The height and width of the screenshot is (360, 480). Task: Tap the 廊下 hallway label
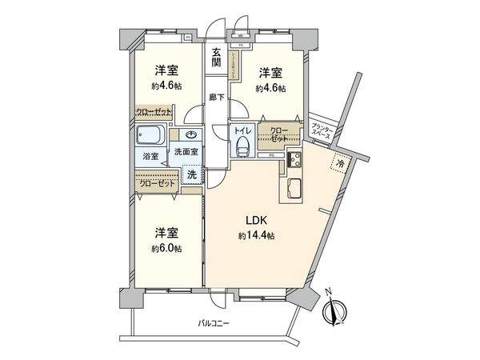[x=216, y=97]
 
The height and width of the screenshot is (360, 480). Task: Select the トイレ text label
[x=242, y=129]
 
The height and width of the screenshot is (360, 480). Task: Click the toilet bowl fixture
[x=243, y=146]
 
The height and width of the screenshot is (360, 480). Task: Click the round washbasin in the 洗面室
[x=192, y=134]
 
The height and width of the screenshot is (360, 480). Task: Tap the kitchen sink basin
[x=290, y=191]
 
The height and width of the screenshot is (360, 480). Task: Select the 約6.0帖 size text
[x=165, y=249]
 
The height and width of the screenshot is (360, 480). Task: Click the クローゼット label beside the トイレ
[x=280, y=134]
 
